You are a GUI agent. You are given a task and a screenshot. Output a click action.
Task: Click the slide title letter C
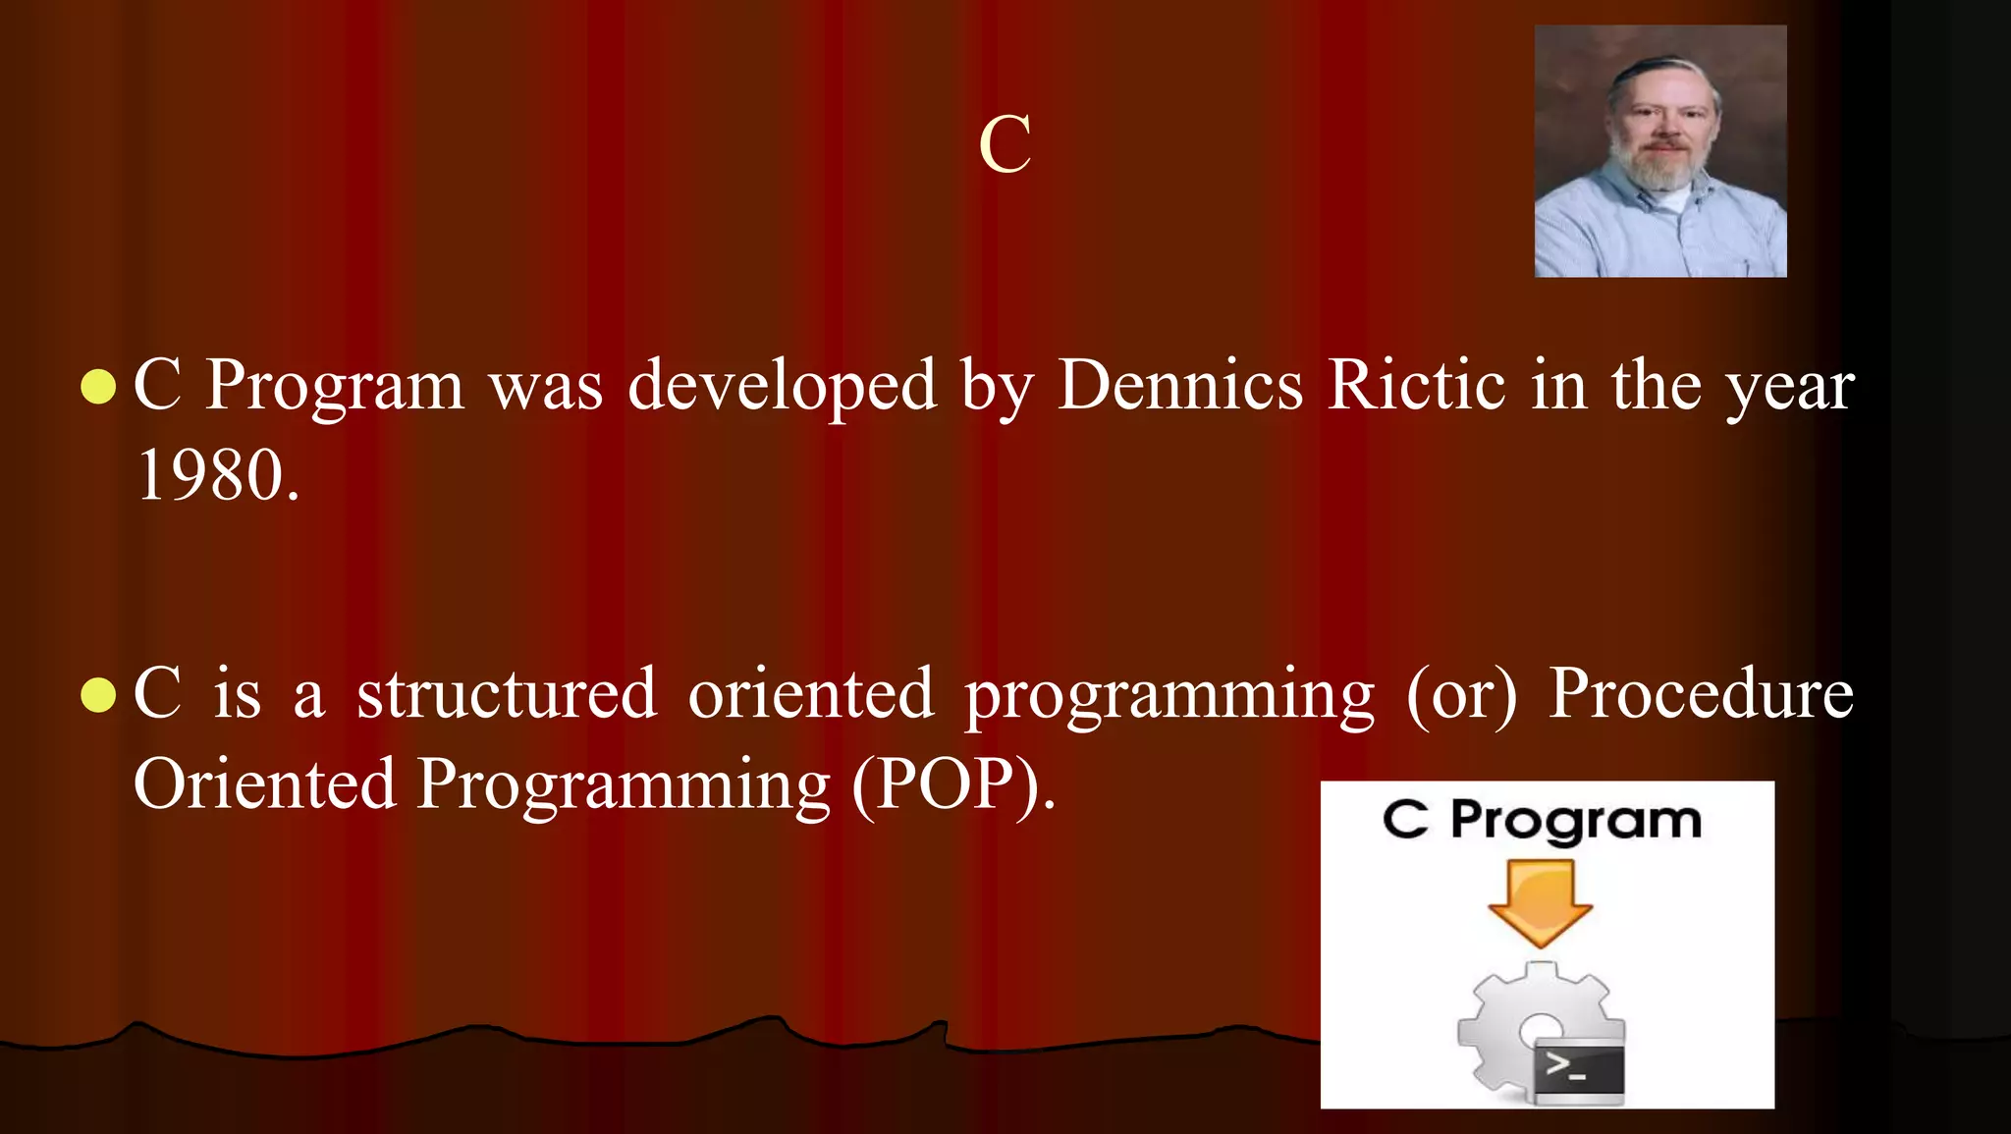(1005, 144)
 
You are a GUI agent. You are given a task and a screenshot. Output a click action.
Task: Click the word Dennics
(1180, 384)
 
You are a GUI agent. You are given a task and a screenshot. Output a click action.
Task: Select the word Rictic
(1416, 384)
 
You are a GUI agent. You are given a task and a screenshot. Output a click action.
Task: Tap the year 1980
(217, 476)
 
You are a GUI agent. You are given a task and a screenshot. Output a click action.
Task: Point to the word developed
(783, 386)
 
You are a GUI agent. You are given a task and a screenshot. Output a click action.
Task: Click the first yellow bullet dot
(98, 387)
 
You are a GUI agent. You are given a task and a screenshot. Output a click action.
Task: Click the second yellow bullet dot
(98, 695)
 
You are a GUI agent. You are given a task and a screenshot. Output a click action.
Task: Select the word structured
(507, 693)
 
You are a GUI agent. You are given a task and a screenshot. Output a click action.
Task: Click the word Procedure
(1701, 693)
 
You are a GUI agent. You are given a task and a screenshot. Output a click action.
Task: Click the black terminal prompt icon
(1579, 1068)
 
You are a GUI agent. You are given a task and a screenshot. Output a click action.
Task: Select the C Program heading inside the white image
(1542, 820)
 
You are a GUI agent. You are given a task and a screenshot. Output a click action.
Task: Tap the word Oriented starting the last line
(264, 784)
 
